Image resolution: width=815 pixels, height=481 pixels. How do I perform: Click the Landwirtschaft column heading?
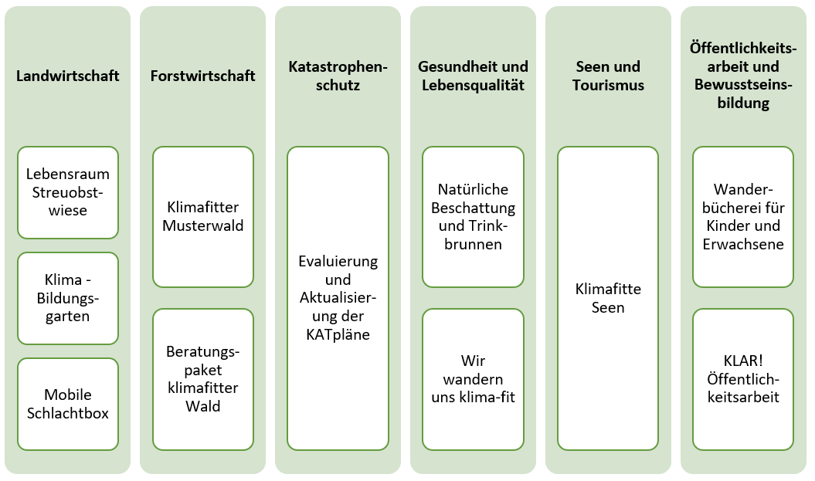[67, 76]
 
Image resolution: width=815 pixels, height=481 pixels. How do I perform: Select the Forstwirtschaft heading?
[202, 76]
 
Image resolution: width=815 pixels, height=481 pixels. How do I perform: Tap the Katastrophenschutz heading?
[338, 76]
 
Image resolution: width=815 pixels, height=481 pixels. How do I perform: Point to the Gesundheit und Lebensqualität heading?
[473, 76]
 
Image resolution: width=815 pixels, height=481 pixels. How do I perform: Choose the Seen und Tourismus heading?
[608, 76]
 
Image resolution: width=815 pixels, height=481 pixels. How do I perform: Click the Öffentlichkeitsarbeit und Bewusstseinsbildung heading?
[743, 76]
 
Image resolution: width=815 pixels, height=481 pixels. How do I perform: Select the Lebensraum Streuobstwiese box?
[68, 193]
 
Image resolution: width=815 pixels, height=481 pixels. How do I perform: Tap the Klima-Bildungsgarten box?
[68, 298]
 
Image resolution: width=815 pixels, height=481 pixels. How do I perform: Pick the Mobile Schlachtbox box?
[68, 404]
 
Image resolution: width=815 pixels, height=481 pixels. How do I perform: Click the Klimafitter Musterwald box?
[203, 217]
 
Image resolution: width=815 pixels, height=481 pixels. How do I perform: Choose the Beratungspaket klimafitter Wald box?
[203, 380]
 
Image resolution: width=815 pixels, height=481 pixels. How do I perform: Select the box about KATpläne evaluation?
[338, 298]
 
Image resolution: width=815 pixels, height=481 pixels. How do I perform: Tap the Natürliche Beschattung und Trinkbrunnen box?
[473, 217]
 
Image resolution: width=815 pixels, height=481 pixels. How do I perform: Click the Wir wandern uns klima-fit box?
[473, 380]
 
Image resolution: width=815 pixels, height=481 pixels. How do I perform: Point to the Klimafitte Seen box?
[608, 298]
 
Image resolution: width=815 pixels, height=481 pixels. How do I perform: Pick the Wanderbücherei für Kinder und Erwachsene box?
[743, 217]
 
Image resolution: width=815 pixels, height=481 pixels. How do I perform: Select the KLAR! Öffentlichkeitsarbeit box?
[743, 380]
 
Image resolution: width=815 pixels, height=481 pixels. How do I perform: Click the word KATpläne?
[338, 334]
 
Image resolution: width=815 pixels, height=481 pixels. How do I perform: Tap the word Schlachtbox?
[67, 414]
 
